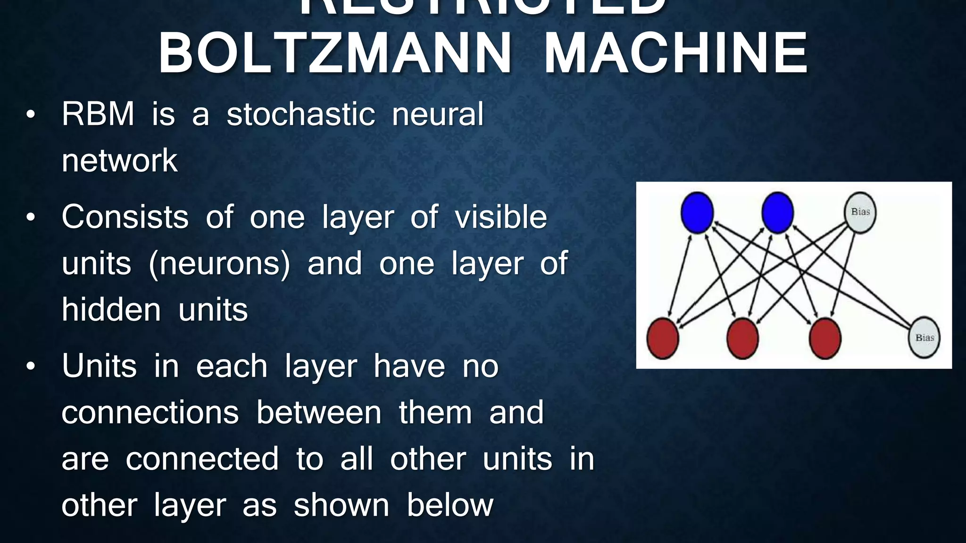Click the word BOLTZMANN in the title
[335, 53]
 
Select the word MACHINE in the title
[676, 53]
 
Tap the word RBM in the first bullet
[98, 114]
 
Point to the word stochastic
[301, 114]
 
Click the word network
[120, 161]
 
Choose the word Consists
[125, 217]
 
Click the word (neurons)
[219, 263]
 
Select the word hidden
[111, 310]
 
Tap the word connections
[150, 412]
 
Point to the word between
[319, 412]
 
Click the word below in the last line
[450, 505]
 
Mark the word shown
[341, 505]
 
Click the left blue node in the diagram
[697, 213]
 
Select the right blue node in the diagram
[777, 213]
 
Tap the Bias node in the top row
[860, 213]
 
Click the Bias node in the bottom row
[924, 337]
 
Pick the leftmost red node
[663, 338]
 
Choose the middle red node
[743, 338]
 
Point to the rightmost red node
[825, 338]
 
